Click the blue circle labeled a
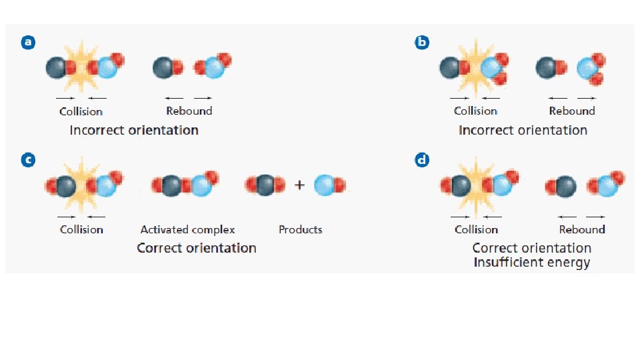tap(27, 43)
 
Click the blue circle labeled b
tap(422, 43)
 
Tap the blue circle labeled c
tap(27, 160)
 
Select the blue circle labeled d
tap(422, 160)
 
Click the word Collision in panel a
tap(81, 111)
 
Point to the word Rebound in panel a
tap(189, 111)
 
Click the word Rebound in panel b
tap(572, 111)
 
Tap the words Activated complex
tap(187, 229)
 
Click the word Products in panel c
tap(300, 229)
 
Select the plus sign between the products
tap(300, 185)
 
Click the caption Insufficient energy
tap(531, 263)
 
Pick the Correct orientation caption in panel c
tap(196, 248)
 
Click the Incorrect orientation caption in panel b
tap(523, 130)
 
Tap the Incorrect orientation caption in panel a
tap(134, 130)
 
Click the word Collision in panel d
tap(476, 229)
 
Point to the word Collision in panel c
tap(81, 229)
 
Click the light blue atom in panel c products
tap(325, 185)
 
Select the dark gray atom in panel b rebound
tap(548, 67)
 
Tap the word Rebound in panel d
tap(582, 229)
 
